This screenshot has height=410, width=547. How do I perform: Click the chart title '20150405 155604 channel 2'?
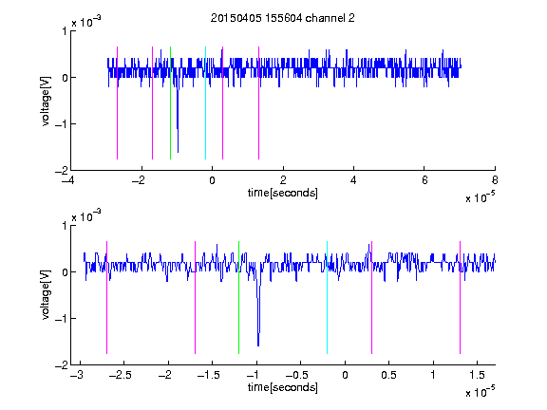[283, 18]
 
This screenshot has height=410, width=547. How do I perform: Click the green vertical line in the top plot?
[170, 102]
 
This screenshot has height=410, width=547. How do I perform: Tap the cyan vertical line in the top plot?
[205, 102]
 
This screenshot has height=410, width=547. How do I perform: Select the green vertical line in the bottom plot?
[238, 297]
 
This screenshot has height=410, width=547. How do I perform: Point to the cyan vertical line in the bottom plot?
[327, 297]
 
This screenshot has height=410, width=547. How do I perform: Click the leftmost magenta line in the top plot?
[117, 102]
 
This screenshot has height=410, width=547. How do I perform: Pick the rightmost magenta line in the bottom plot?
[460, 297]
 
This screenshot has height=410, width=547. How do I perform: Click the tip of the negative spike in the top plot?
[178, 152]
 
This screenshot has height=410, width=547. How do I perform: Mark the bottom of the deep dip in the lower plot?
[258, 345]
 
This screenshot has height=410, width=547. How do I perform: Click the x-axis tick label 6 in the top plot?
[424, 180]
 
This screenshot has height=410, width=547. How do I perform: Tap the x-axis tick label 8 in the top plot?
[495, 180]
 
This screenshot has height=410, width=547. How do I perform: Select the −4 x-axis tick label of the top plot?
[67, 180]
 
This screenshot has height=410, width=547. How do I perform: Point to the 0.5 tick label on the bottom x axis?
[389, 375]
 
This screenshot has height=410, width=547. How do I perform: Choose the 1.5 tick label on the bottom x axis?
[477, 375]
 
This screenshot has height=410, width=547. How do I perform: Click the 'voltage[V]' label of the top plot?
[46, 101]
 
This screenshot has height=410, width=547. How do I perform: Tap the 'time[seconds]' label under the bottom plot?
[283, 387]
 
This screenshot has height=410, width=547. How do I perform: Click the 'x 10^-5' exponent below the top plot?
[480, 197]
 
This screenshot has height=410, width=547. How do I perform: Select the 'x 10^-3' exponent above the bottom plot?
[86, 216]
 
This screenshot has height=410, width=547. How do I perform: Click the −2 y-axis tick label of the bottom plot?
[61, 365]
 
